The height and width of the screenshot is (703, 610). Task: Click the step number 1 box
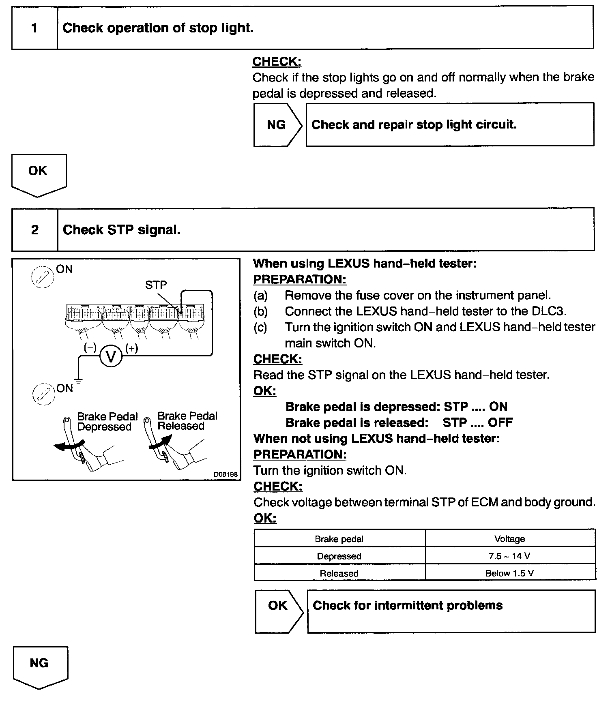[x=34, y=28]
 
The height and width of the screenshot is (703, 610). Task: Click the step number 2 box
[x=34, y=230]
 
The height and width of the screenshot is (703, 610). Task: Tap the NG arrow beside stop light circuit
[x=277, y=125]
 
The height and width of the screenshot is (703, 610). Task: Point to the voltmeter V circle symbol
[x=110, y=356]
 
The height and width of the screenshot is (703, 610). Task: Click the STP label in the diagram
[x=156, y=285]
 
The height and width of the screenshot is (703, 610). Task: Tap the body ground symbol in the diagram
[x=78, y=381]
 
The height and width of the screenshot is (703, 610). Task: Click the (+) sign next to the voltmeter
[x=132, y=348]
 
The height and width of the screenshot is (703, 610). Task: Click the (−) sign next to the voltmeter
[x=90, y=348]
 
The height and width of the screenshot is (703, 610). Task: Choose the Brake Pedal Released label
[x=187, y=421]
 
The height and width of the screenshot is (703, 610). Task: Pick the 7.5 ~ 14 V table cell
[x=509, y=556]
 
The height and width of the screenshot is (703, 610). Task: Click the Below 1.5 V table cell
[x=509, y=573]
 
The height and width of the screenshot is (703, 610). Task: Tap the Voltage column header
[x=509, y=539]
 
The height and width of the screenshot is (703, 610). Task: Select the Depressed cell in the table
[x=339, y=556]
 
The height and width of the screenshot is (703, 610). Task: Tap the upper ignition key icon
[x=43, y=277]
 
